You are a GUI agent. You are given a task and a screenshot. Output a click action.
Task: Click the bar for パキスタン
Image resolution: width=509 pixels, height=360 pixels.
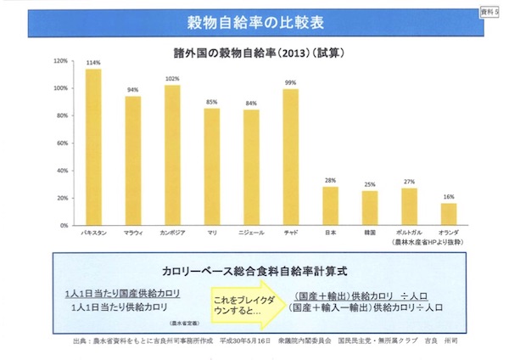(93, 146)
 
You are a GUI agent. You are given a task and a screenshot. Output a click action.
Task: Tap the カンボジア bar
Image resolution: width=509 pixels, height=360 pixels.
(172, 154)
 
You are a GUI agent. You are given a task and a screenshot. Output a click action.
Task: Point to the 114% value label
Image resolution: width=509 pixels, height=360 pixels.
(93, 63)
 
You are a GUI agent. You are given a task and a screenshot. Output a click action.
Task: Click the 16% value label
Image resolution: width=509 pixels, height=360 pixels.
(449, 197)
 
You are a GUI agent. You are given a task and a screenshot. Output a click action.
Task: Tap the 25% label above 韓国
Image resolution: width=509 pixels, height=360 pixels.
(370, 184)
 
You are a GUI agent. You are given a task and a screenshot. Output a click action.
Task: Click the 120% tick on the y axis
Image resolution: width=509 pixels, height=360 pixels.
(60, 61)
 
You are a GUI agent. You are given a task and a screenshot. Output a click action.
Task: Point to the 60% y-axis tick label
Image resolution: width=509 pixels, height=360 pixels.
(62, 143)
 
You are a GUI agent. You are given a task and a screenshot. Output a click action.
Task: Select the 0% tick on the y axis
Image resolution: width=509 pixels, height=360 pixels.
(64, 223)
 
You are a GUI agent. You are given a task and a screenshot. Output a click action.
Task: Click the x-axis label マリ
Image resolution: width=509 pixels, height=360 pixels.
(212, 231)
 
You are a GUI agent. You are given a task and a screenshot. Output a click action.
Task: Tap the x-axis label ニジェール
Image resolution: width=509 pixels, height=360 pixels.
(251, 231)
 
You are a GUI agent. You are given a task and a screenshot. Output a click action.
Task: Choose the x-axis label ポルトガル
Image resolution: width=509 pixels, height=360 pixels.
(409, 231)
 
